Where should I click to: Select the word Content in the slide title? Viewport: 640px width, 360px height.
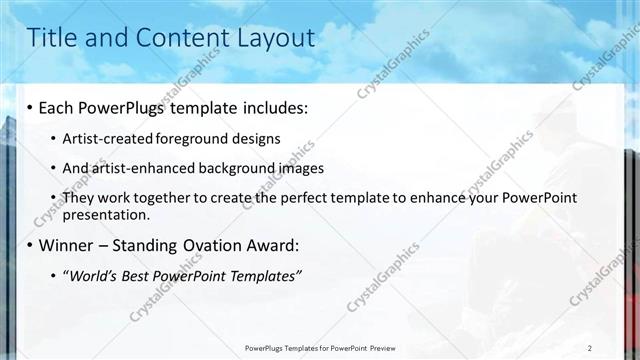pyautogui.click(x=181, y=38)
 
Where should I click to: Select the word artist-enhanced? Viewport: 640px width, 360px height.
pyautogui.click(x=135, y=168)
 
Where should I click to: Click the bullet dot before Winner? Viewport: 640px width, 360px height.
pyautogui.click(x=31, y=245)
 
